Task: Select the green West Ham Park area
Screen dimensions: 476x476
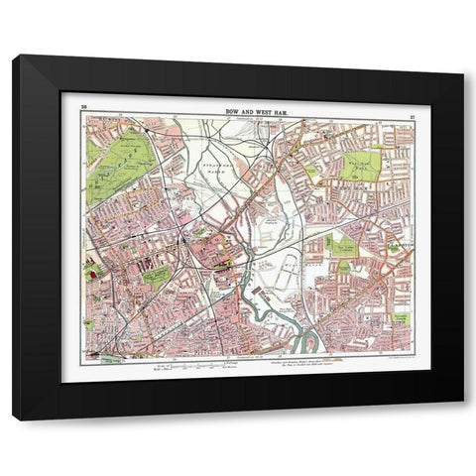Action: coord(362,159)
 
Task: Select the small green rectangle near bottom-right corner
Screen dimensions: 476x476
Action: coord(402,318)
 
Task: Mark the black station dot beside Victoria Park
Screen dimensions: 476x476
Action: coord(148,129)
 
